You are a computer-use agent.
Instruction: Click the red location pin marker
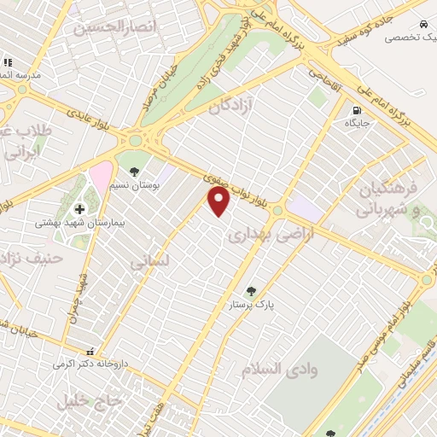[x=219, y=201]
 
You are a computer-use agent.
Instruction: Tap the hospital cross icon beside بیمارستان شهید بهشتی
[x=80, y=208]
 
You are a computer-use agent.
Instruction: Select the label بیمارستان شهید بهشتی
[x=71, y=223]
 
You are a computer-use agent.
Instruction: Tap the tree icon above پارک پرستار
[x=250, y=291]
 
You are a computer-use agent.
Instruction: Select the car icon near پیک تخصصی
[x=424, y=24]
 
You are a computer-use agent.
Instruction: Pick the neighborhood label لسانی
[x=150, y=261]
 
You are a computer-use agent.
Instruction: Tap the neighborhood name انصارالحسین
[x=117, y=27]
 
